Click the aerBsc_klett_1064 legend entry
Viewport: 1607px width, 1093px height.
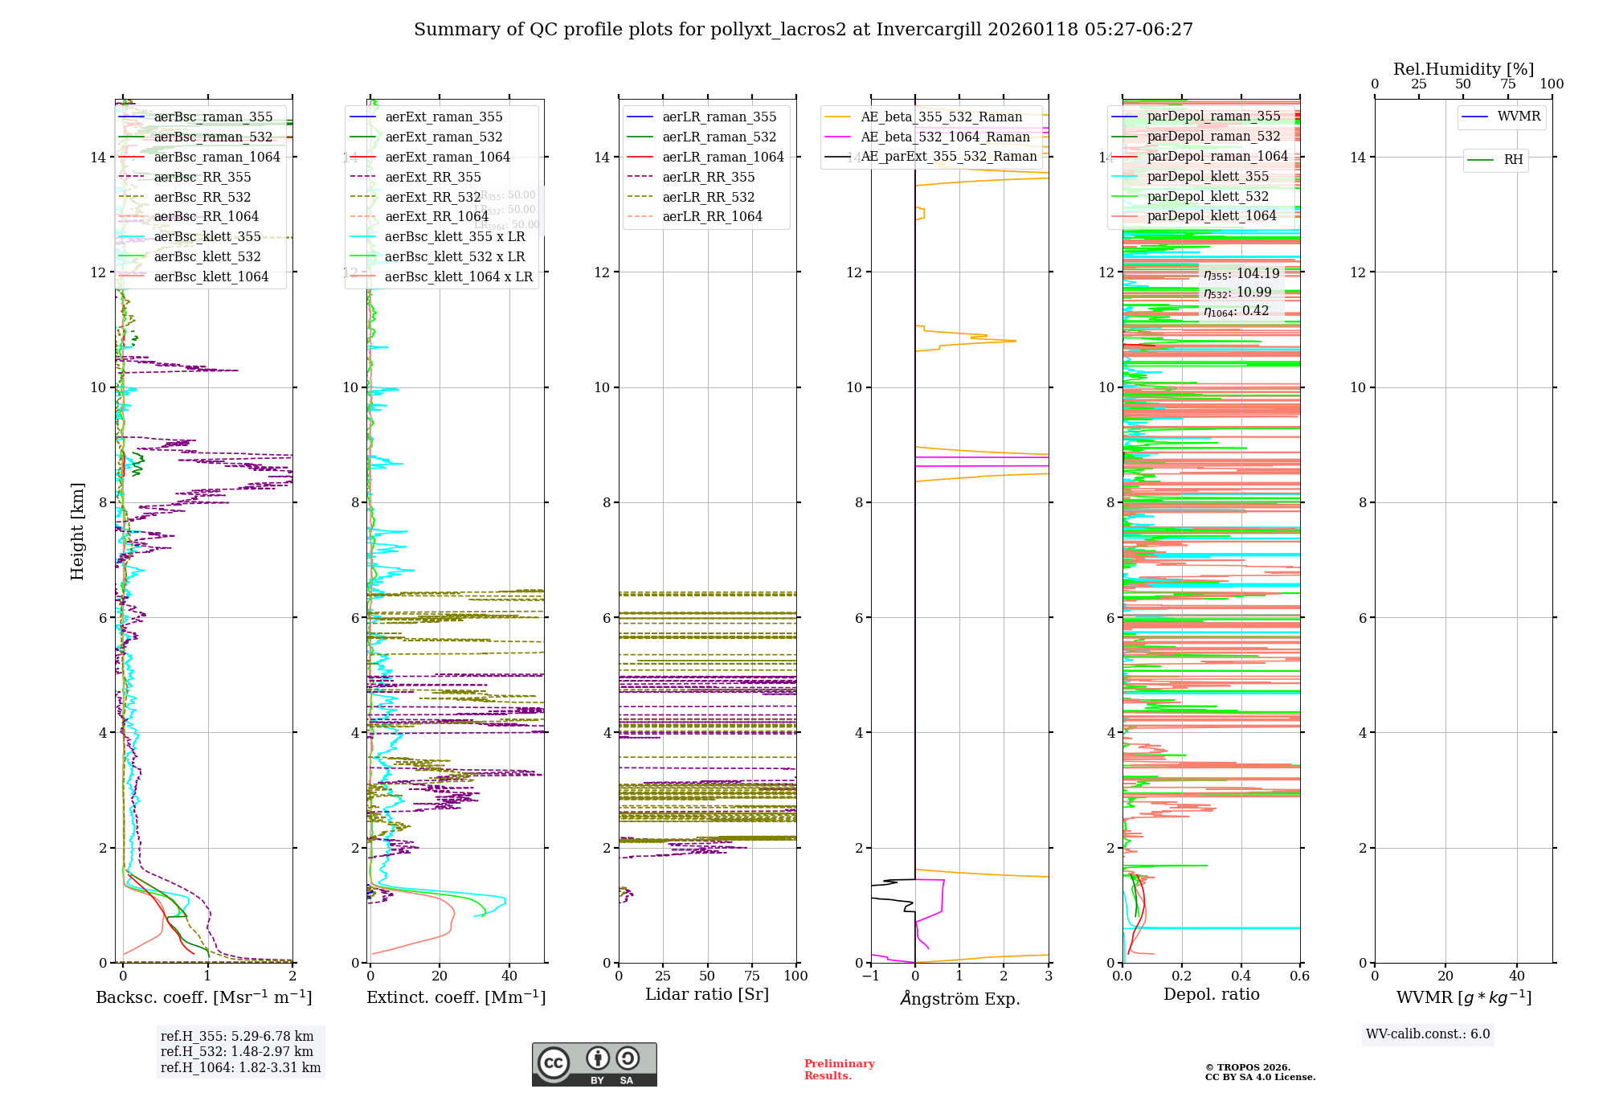211,276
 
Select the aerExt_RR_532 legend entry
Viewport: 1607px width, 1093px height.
432,197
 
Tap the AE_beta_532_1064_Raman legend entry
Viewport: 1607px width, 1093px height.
945,137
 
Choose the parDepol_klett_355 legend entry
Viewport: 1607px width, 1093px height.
1208,176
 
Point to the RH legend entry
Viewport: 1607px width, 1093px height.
1513,160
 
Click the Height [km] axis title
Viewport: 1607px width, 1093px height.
77,530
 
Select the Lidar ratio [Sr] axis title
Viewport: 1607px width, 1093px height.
707,994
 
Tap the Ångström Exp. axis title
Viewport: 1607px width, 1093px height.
959,998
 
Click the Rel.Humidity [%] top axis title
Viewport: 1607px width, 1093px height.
1463,69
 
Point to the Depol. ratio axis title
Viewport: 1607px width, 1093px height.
1211,994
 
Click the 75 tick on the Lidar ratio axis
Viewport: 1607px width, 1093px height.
752,976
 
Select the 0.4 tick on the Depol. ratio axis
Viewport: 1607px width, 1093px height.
1241,976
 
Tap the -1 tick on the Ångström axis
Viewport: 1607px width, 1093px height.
871,976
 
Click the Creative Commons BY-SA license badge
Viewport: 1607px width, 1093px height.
594,1064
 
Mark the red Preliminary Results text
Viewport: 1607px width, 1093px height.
839,1070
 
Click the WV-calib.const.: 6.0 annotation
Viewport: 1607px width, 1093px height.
1428,1034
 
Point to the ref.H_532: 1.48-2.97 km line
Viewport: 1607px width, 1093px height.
236,1051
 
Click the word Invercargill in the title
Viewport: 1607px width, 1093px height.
929,30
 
